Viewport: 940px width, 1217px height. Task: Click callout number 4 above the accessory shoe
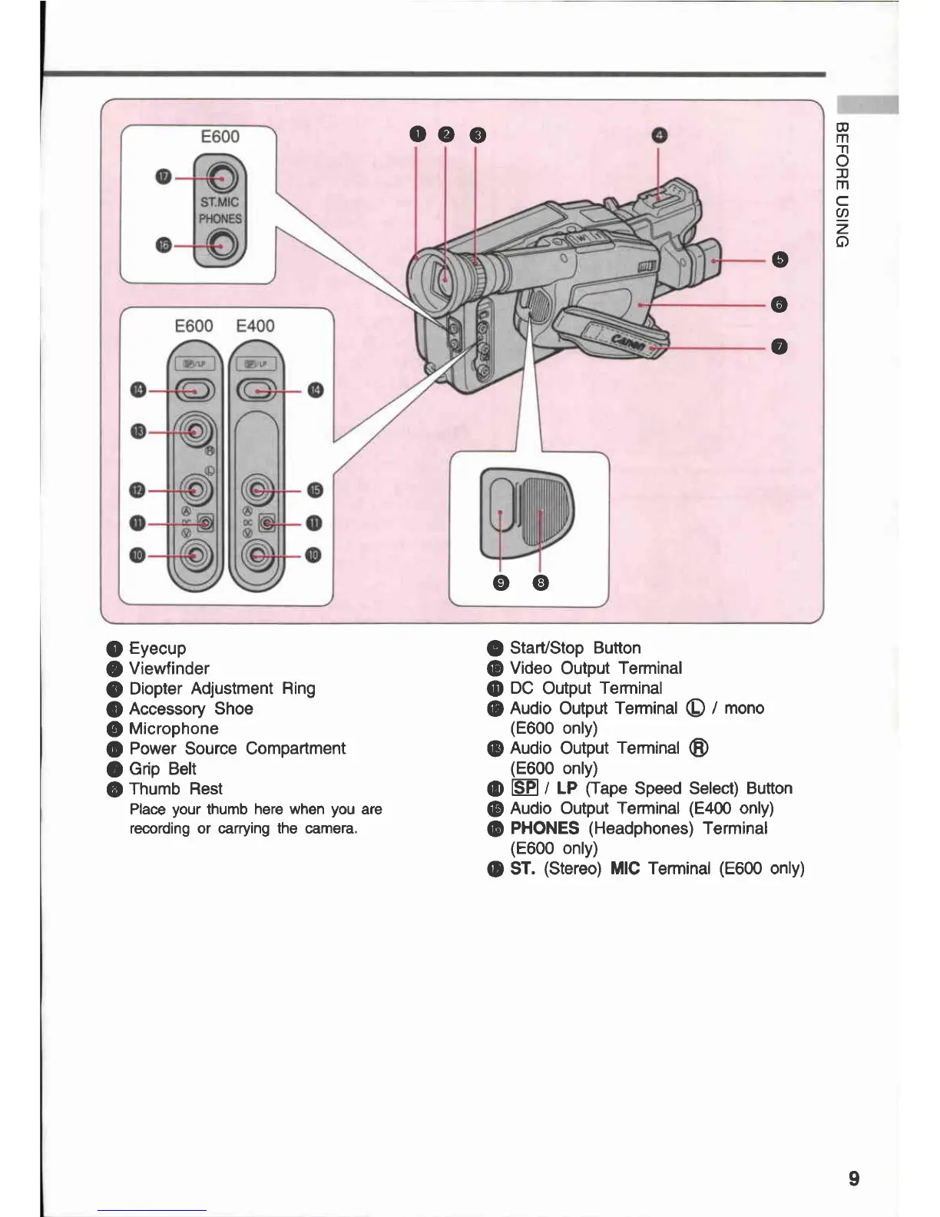tap(659, 136)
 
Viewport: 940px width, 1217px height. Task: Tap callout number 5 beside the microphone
tap(779, 260)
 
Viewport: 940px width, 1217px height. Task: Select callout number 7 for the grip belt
tap(779, 347)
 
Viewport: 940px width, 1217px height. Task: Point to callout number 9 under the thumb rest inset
tap(501, 583)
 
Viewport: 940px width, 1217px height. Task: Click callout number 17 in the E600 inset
tap(163, 177)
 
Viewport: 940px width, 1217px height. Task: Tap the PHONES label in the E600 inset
tap(220, 219)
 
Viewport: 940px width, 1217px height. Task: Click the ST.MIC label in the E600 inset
tap(220, 202)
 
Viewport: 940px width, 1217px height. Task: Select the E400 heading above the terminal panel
tap(256, 326)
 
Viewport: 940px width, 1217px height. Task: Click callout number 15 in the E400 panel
tap(315, 490)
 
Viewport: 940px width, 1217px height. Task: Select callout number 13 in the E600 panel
tap(137, 432)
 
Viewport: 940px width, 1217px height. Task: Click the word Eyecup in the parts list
tap(157, 648)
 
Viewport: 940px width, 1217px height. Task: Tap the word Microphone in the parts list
tap(174, 728)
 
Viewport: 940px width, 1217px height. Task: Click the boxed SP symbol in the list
tap(525, 788)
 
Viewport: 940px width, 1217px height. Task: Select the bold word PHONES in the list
tap(544, 828)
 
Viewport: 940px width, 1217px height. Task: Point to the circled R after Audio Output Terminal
tap(699, 748)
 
